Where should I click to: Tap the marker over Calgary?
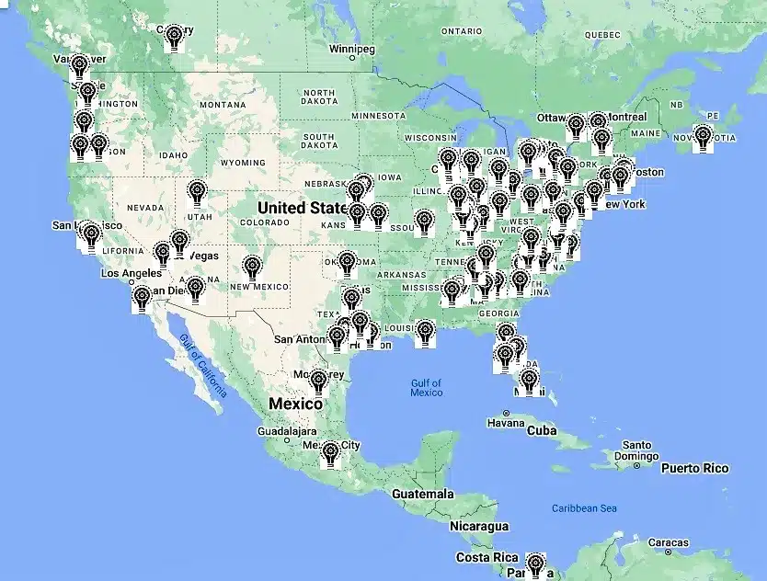(174, 37)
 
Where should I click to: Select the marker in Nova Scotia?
(704, 137)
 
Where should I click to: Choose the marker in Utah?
(197, 193)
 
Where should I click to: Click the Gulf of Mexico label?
(426, 387)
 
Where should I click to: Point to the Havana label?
(506, 424)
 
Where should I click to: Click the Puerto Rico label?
(694, 468)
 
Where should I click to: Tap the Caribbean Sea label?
(584, 508)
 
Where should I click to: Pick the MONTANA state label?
(222, 105)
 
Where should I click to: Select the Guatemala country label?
(421, 494)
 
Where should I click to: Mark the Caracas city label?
(669, 542)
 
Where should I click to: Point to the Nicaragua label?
(478, 527)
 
